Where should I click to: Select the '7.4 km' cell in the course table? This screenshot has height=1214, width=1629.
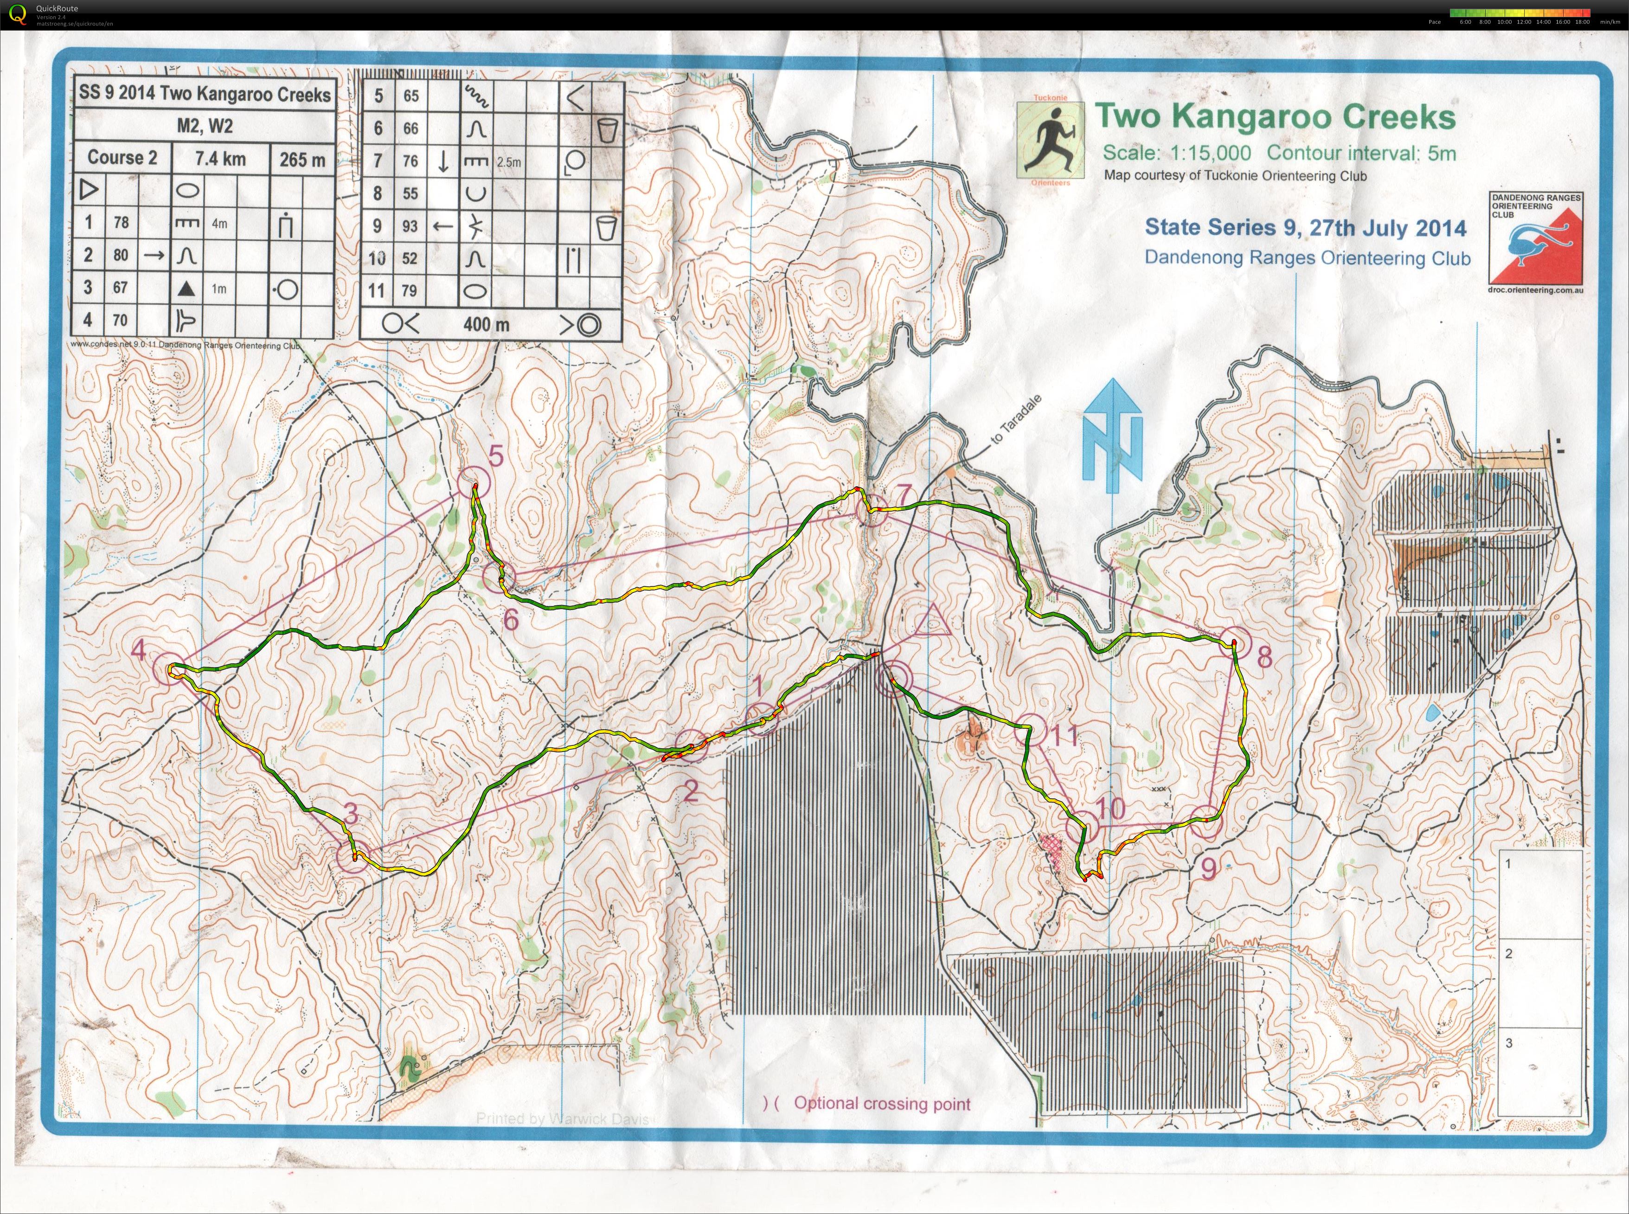(x=220, y=158)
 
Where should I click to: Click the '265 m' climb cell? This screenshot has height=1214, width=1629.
(x=302, y=159)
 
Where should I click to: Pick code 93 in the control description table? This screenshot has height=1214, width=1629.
(x=410, y=225)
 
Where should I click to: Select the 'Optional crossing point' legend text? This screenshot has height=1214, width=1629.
(x=882, y=1103)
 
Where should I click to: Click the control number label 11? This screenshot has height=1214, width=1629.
(x=1063, y=734)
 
